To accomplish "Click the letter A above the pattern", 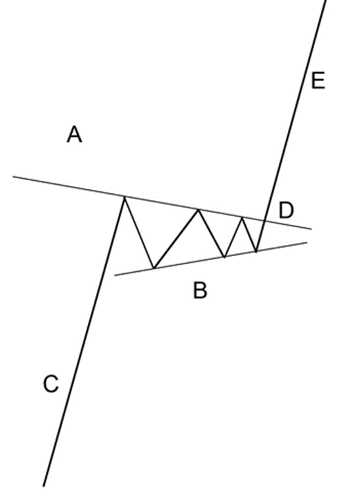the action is [75, 134].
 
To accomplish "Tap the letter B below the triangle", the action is [200, 290].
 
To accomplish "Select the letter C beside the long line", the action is [51, 384].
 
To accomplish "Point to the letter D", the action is [286, 210].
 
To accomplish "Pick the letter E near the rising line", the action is [318, 81].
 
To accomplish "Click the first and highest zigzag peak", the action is [125, 197].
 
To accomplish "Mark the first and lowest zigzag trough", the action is [154, 269].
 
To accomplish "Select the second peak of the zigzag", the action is [198, 209].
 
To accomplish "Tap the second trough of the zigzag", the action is [224, 257].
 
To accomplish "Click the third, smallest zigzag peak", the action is [242, 217].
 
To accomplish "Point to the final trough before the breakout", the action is [256, 252].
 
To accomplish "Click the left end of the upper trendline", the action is [13, 177].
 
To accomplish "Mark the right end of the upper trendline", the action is [311, 229].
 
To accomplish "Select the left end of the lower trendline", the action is [115, 276].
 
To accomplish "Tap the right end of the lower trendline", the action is [307, 242].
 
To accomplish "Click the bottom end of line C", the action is [43, 487].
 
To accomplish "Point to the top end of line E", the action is [326, 1].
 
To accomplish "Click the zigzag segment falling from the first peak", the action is [139, 233].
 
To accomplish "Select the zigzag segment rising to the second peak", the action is [176, 238].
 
